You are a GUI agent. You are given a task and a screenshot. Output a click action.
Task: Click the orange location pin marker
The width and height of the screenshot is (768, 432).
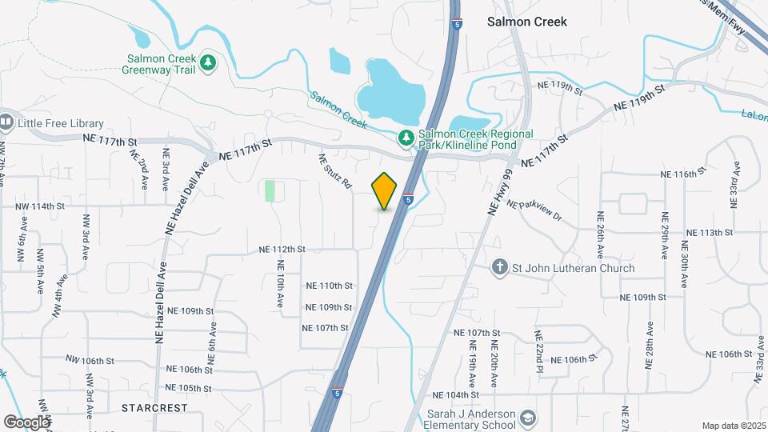[385, 191]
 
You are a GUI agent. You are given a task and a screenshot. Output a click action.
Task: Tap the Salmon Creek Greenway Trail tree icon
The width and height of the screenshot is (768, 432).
[208, 62]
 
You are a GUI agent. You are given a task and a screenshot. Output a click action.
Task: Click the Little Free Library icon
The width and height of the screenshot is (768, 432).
[7, 122]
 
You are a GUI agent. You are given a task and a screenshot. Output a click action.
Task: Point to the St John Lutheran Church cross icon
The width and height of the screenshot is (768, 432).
[499, 267]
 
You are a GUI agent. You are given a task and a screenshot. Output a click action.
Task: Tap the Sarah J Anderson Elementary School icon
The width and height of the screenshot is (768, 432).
[527, 418]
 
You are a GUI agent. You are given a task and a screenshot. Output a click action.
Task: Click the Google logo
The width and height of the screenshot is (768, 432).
[26, 422]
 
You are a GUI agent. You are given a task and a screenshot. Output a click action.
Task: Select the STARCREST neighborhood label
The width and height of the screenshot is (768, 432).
[154, 407]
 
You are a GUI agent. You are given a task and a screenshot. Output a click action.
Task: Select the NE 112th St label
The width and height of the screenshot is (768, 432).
[282, 250]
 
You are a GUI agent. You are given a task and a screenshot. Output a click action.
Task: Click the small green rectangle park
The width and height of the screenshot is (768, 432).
[270, 190]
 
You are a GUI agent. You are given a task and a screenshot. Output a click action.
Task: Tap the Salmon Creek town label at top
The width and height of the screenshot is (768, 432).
[527, 22]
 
